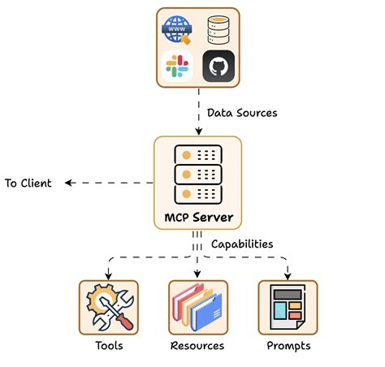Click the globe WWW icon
click(177, 31)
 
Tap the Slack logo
click(176, 67)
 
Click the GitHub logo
click(218, 67)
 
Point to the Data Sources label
click(242, 113)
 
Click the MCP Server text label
click(197, 218)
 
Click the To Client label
click(28, 183)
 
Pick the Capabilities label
click(242, 244)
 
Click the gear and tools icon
click(108, 308)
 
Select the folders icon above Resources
click(197, 308)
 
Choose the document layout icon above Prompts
click(288, 308)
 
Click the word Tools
click(108, 346)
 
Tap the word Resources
click(197, 346)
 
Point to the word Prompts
click(288, 346)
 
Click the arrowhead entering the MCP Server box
click(197, 132)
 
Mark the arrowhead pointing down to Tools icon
click(108, 274)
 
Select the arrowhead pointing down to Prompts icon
click(288, 274)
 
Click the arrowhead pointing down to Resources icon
click(197, 274)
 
